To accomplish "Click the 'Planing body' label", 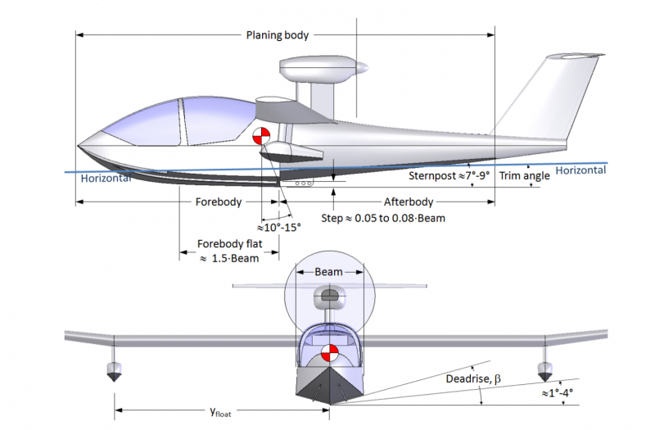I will pyautogui.click(x=278, y=35).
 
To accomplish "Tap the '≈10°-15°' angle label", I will pyautogui.click(x=279, y=227).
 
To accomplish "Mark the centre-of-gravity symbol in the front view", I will pyautogui.click(x=329, y=355).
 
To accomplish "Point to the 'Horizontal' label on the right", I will pyautogui.click(x=580, y=170).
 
